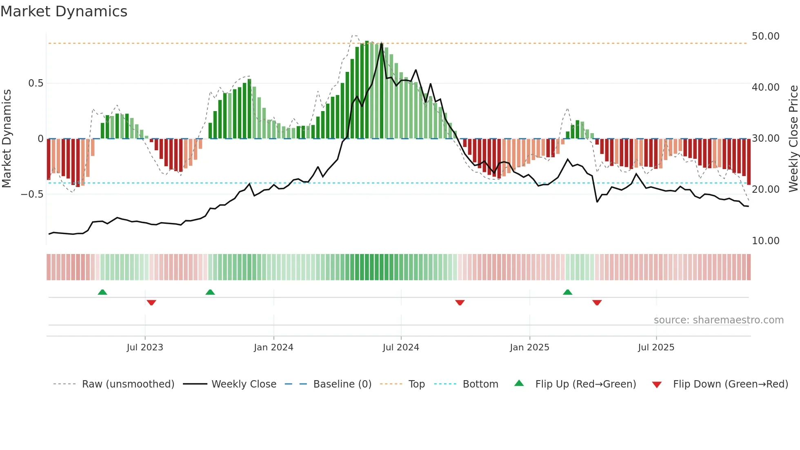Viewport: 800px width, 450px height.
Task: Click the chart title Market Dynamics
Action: [64, 11]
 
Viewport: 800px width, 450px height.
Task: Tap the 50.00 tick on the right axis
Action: [765, 36]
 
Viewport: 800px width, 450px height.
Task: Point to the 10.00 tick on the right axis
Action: [765, 241]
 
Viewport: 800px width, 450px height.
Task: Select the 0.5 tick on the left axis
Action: [36, 83]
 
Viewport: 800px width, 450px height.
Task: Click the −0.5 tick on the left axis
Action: [32, 194]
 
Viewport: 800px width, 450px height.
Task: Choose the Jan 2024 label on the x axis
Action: [273, 348]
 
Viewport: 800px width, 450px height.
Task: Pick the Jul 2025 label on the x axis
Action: [656, 348]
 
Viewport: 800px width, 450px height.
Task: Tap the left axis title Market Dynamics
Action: [7, 139]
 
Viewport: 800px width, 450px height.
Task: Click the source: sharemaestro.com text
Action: [718, 320]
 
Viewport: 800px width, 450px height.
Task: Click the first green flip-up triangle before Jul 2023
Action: [102, 292]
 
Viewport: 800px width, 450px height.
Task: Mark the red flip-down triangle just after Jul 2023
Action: [151, 303]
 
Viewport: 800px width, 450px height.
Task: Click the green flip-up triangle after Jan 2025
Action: [567, 292]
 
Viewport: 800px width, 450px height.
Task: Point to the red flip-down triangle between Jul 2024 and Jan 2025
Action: [460, 303]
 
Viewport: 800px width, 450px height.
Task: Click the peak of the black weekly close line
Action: [382, 44]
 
